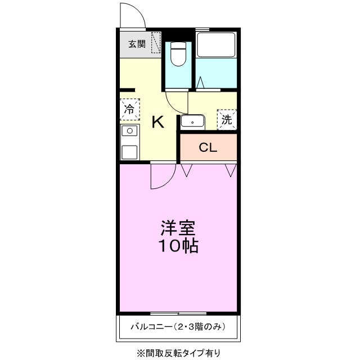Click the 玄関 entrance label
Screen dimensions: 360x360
click(137, 44)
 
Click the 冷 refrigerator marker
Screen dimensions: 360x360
click(129, 109)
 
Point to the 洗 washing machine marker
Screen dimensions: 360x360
click(227, 119)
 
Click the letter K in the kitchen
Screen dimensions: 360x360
click(158, 122)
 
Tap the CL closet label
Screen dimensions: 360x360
click(208, 148)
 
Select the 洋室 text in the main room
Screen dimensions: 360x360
click(178, 228)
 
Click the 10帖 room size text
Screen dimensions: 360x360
click(178, 246)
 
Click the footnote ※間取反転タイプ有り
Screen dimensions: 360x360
click(178, 353)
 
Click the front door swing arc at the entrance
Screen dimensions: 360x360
click(133, 14)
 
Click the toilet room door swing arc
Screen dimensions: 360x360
click(175, 102)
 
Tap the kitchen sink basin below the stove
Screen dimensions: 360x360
click(129, 151)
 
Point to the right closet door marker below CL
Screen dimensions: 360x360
click(230, 169)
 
